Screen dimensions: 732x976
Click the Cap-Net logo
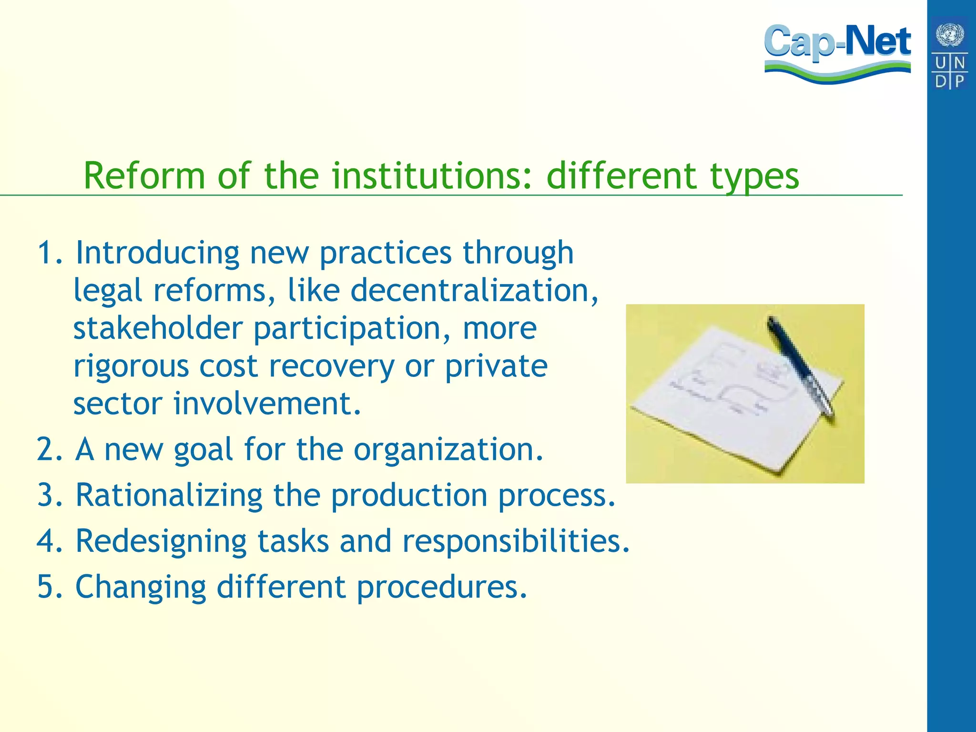837,52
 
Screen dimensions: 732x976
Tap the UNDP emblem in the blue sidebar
950,53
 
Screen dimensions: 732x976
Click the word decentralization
475,290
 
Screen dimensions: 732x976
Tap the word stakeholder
158,328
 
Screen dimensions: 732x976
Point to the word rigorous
131,367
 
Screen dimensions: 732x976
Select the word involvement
267,404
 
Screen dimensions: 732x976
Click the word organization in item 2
447,449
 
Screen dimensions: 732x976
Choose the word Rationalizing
169,496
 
